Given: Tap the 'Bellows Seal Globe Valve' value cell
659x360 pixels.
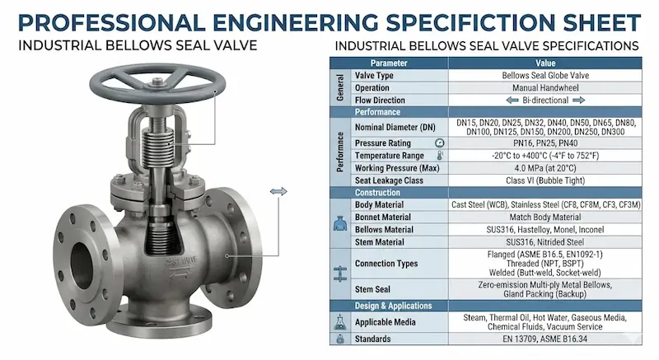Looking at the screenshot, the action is pos(545,76).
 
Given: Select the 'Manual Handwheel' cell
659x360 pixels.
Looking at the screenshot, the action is pos(545,88).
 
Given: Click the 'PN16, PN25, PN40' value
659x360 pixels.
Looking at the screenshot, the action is pos(545,143).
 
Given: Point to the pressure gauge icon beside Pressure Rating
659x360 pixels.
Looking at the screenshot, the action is pos(440,143).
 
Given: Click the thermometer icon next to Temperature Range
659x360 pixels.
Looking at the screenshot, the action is pos(440,156).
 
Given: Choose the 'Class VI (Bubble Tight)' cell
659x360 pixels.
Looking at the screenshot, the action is pos(545,180).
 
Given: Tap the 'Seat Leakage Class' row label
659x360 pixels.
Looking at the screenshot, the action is pos(389,180).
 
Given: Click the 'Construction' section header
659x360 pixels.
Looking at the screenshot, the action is pos(377,193).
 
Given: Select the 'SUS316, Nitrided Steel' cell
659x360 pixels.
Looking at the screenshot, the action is pos(545,242).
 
